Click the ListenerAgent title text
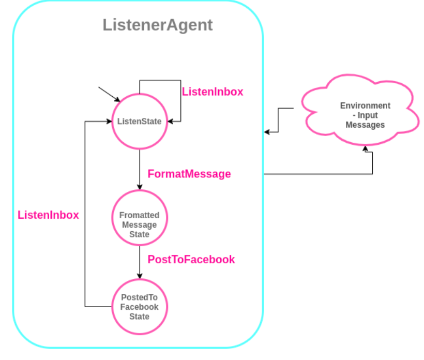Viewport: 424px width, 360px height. pos(157,25)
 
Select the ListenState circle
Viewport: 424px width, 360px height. pos(139,122)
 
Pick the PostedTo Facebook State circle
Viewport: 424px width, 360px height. pos(139,306)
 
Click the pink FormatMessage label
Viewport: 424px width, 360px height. pos(189,174)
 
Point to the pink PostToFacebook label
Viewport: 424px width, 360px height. pos(191,259)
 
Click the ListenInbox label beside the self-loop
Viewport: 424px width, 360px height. pos(212,92)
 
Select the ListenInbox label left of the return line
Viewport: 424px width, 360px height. pos(48,215)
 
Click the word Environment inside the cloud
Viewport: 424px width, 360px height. pos(365,106)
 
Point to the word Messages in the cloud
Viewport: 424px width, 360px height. pos(365,125)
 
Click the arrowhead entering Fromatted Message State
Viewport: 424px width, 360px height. pos(139,187)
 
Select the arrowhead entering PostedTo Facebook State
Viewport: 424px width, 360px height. pos(139,276)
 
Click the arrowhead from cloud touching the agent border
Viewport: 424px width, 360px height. pos(267,132)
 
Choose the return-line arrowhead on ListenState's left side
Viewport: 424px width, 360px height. pos(109,122)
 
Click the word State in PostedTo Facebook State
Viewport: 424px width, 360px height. pos(140,317)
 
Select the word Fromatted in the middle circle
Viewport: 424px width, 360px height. pos(139,215)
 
